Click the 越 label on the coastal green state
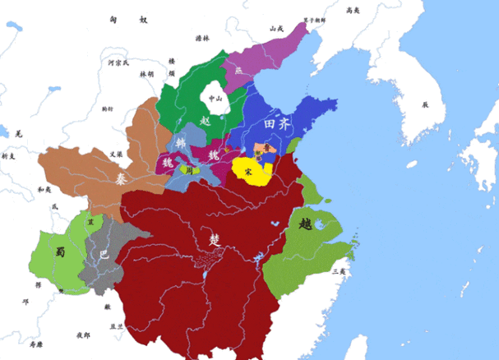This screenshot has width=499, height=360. coord(305,223)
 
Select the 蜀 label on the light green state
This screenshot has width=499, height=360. coord(59,253)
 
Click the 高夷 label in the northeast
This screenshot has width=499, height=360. coord(352,11)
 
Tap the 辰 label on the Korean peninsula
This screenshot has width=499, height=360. coord(425,105)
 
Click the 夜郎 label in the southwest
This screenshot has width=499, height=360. coord(83,335)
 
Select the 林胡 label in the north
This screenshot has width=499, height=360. coord(147,74)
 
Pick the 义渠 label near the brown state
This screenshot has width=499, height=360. coord(100,154)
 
